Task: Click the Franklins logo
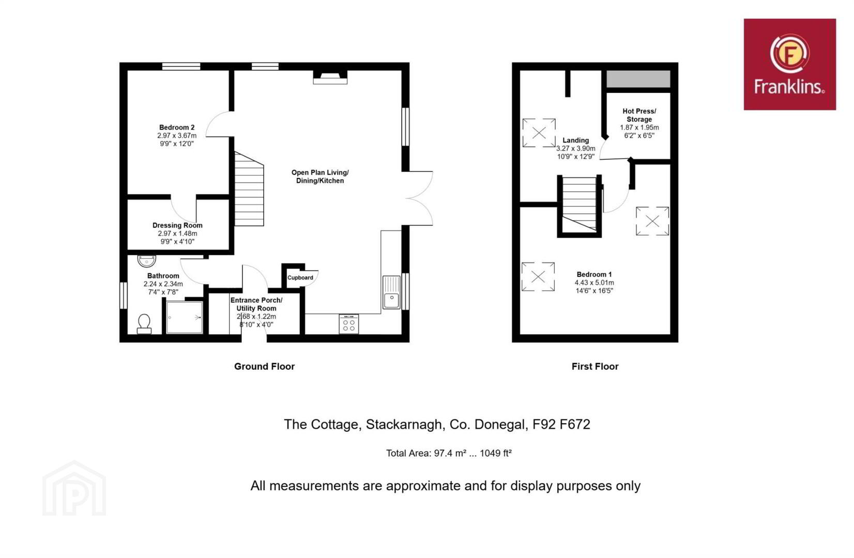point(789,65)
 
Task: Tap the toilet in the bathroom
point(144,324)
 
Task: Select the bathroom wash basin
point(147,261)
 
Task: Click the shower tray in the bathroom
point(185,318)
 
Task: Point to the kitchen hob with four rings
point(349,324)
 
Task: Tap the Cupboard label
point(300,277)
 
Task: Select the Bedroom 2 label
point(177,127)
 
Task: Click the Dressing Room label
point(177,225)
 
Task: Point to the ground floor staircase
point(249,189)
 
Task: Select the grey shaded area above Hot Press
point(638,79)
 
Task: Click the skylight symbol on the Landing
point(539,133)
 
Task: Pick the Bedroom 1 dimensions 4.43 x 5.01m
point(594,283)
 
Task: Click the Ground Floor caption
point(264,367)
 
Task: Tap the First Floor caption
point(595,367)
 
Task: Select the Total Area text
point(449,453)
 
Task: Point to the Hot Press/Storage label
point(639,115)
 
